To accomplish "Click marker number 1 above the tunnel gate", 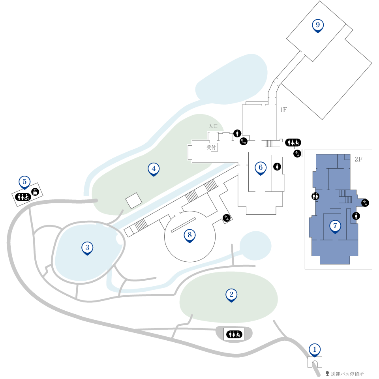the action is point(315,350).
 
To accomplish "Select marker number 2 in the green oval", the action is point(231,295).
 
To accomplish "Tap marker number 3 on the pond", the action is point(87,248).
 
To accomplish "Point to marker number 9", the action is point(317,26).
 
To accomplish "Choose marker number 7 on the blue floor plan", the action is point(335,227).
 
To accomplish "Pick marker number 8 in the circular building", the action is point(189,236).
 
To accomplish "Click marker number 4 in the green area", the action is point(154,169).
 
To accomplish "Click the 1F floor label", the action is point(283,110).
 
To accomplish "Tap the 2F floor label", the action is point(358,159).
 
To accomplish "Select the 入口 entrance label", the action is point(213,126).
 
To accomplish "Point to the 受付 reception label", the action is point(211,147).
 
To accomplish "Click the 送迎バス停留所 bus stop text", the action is point(347,374).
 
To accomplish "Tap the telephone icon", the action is point(244,141).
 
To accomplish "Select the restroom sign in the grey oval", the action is point(234,334).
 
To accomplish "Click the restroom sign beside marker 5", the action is point(23,197).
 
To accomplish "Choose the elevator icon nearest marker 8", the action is point(227,218).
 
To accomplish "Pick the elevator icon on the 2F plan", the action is point(365,203).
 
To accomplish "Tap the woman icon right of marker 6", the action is point(277,166).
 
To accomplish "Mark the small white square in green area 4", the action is point(134,201).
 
